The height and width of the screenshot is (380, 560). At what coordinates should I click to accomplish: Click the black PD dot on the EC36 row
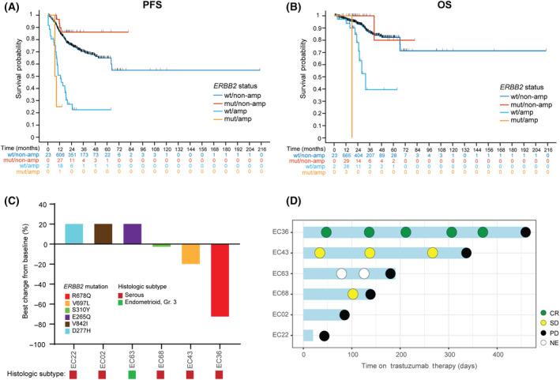(525, 231)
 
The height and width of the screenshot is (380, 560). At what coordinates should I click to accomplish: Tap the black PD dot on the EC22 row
(324, 336)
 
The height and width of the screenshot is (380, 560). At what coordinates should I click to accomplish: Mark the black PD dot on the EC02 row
(344, 315)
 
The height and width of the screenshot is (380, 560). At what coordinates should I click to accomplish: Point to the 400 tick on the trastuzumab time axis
(497, 352)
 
